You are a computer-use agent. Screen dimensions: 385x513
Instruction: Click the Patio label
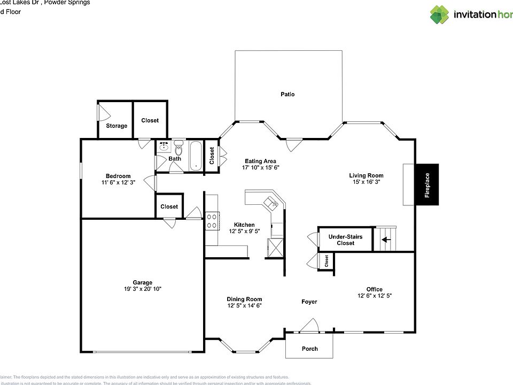[x=287, y=94]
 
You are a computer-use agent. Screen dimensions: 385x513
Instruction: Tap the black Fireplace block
[x=427, y=184]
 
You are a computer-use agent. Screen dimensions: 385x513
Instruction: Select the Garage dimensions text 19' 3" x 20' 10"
[x=143, y=289]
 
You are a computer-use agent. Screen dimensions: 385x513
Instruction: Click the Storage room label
[x=116, y=126]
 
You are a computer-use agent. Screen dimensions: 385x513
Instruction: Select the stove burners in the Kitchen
[x=212, y=221]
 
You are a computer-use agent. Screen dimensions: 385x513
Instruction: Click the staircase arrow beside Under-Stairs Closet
[x=385, y=240]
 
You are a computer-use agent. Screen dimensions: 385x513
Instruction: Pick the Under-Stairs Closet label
[x=345, y=240]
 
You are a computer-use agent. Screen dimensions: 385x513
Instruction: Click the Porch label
[x=310, y=349]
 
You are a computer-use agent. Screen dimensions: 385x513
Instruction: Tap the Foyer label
[x=309, y=302]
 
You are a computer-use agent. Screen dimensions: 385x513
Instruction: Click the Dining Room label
[x=244, y=299]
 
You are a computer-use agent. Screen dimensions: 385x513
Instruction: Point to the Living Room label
[x=366, y=175]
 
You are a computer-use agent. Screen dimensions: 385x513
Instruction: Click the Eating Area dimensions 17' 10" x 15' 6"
[x=261, y=167]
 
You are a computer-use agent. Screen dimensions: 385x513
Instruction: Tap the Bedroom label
[x=118, y=176]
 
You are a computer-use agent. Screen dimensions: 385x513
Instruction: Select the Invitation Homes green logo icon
[x=440, y=14]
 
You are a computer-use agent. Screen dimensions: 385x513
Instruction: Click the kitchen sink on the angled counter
[x=271, y=202]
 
